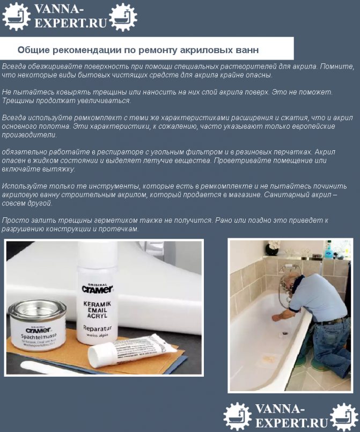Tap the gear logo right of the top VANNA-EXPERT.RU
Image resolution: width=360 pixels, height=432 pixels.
click(122, 17)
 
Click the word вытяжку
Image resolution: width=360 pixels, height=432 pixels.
click(57, 169)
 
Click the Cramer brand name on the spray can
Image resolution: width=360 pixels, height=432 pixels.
click(97, 289)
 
